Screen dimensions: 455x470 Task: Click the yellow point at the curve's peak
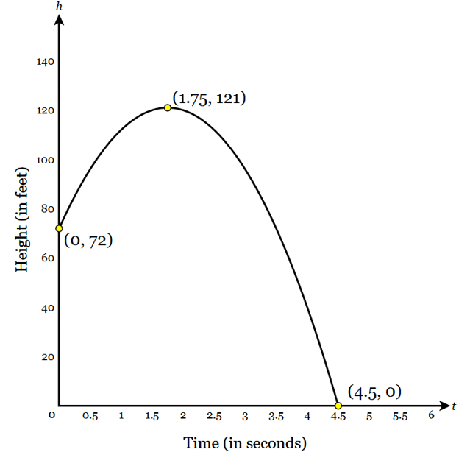coord(168,107)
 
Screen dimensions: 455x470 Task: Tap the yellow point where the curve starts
coord(59,228)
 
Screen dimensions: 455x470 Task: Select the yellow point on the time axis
coord(338,406)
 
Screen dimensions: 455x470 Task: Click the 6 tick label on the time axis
coord(431,416)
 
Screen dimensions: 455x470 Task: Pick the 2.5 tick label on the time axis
coord(214,417)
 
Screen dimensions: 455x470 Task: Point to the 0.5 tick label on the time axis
coord(90,417)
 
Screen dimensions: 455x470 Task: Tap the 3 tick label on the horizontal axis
coord(245,417)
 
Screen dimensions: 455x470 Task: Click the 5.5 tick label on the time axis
coord(400,417)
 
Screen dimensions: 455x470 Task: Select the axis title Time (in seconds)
coord(244,443)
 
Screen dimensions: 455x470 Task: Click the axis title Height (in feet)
coord(22,219)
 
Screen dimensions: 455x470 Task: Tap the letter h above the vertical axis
coord(59,7)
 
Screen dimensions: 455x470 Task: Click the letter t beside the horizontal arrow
coord(455,406)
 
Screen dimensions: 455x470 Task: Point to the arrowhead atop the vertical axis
coord(59,20)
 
